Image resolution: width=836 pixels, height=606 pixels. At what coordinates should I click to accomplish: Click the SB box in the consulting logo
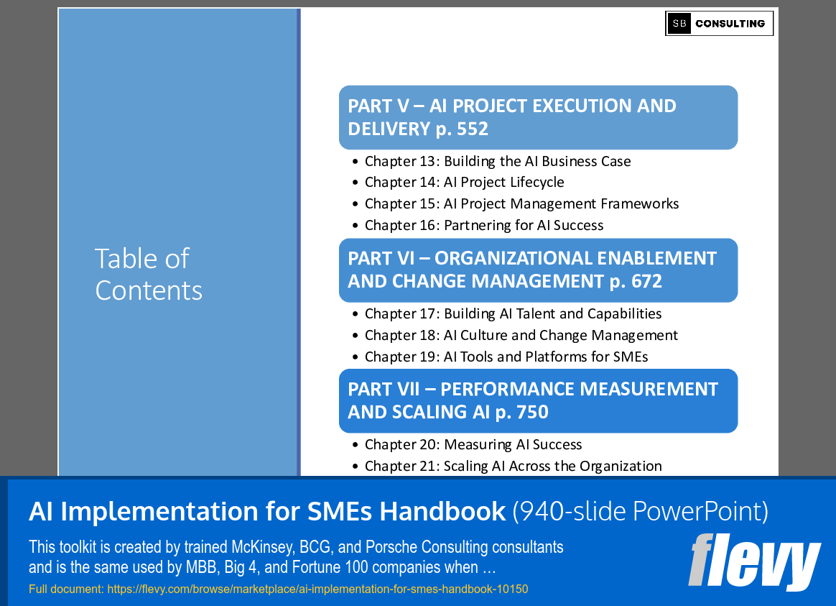pyautogui.click(x=679, y=24)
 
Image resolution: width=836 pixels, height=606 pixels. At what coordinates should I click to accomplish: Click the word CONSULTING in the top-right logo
pyautogui.click(x=730, y=24)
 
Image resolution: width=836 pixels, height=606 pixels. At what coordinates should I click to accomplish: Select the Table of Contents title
pyautogui.click(x=149, y=274)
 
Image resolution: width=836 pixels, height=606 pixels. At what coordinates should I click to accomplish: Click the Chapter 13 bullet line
pyautogui.click(x=497, y=161)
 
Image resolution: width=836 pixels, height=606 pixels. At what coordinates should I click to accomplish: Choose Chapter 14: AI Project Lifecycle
pyautogui.click(x=464, y=183)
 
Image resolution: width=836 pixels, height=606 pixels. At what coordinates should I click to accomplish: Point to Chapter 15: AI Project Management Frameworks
pyautogui.click(x=521, y=204)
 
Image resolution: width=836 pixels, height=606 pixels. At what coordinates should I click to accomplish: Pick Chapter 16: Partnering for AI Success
pyautogui.click(x=483, y=226)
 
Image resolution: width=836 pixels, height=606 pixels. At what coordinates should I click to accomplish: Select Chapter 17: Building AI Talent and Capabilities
pyautogui.click(x=513, y=313)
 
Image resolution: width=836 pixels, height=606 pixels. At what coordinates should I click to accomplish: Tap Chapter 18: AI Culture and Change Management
pyautogui.click(x=521, y=335)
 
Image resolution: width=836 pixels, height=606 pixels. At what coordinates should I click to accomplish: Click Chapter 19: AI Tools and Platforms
pyautogui.click(x=506, y=357)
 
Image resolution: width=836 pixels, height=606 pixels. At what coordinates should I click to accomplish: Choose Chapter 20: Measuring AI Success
pyautogui.click(x=473, y=445)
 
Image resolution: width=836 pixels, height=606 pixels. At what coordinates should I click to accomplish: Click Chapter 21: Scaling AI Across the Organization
pyautogui.click(x=513, y=467)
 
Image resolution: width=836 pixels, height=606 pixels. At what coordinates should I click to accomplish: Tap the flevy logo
pyautogui.click(x=754, y=561)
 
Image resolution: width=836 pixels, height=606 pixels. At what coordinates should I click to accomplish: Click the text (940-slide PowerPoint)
pyautogui.click(x=640, y=511)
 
